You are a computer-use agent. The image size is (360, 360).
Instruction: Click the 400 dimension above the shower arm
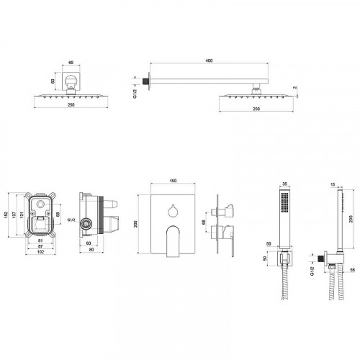click(209, 60)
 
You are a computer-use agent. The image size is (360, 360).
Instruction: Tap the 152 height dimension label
click(6, 215)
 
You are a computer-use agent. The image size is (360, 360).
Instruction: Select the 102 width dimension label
click(41, 252)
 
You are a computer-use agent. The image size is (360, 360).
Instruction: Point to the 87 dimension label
click(40, 246)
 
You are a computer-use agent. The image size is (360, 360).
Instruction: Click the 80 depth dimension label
click(91, 250)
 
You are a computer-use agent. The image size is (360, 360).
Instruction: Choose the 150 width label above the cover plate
click(173, 181)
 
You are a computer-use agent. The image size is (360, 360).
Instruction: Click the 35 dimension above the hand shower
click(284, 184)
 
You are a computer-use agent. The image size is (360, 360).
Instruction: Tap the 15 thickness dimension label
click(333, 184)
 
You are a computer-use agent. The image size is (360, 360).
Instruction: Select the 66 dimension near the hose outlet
click(352, 270)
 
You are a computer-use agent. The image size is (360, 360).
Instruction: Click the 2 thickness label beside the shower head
click(294, 88)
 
